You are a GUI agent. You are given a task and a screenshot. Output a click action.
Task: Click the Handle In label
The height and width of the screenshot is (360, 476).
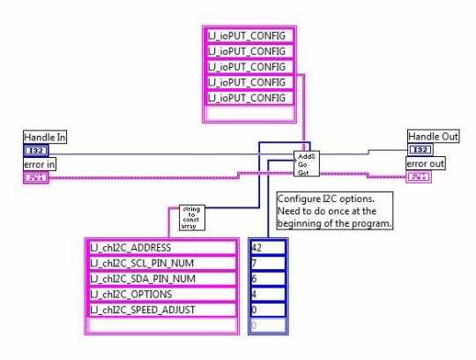pyautogui.click(x=45, y=137)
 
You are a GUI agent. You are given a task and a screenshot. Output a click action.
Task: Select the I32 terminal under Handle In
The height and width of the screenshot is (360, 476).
pyautogui.click(x=36, y=151)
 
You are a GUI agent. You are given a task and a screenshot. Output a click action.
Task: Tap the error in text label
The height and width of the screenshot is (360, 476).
pyautogui.click(x=41, y=164)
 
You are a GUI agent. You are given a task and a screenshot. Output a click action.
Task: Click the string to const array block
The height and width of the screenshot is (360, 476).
pyautogui.click(x=190, y=217)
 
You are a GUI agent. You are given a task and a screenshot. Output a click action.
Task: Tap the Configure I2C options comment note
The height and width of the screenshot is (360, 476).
pyautogui.click(x=336, y=211)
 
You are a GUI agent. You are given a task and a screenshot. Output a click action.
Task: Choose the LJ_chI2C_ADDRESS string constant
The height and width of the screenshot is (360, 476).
pyautogui.click(x=162, y=247)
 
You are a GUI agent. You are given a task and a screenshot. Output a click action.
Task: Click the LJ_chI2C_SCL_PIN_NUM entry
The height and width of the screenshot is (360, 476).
pyautogui.click(x=162, y=263)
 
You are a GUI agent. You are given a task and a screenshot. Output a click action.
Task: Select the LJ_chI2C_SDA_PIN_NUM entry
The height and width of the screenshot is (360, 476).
pyautogui.click(x=162, y=279)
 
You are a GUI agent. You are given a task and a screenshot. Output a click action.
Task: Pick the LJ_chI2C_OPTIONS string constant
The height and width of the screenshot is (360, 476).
pyautogui.click(x=162, y=294)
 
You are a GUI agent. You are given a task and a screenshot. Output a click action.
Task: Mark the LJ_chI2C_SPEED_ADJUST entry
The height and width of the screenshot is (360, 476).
pyautogui.click(x=162, y=310)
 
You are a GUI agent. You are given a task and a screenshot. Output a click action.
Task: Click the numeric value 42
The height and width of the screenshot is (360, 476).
pyautogui.click(x=268, y=247)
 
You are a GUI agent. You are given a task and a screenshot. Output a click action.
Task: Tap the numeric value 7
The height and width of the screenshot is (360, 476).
pyautogui.click(x=268, y=263)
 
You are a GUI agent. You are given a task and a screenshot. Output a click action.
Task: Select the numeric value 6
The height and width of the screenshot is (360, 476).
pyautogui.click(x=268, y=279)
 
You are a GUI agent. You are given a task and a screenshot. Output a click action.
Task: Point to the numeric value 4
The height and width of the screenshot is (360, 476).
pyautogui.click(x=268, y=294)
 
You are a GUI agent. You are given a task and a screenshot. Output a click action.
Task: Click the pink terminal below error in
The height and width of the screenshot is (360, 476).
pyautogui.click(x=36, y=177)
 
